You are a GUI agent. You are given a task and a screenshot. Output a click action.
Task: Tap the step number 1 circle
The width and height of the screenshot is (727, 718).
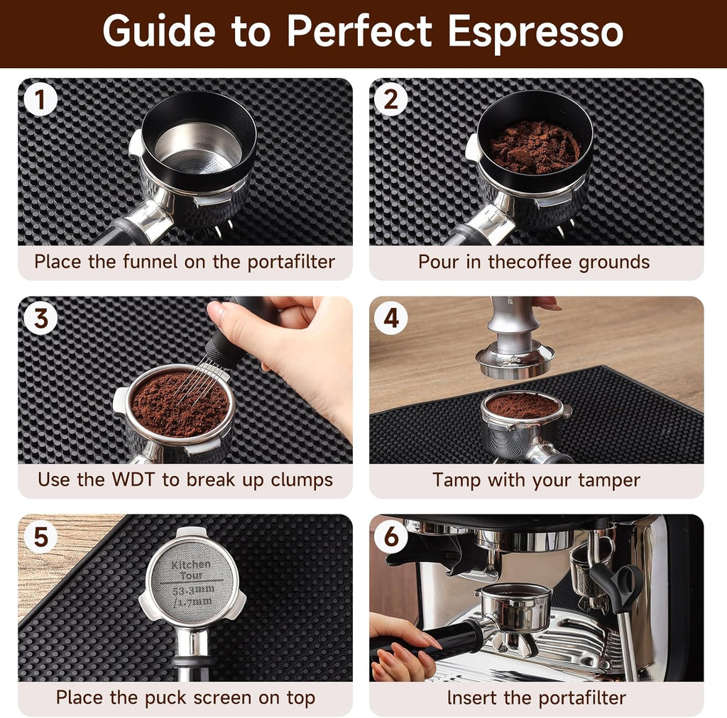[x=40, y=99]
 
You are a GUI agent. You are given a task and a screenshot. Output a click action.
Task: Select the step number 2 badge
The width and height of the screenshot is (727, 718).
[x=390, y=99]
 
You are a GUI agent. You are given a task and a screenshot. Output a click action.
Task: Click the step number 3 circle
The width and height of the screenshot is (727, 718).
[x=40, y=318]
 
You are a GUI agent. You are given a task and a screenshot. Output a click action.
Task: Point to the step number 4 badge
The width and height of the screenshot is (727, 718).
[x=390, y=318]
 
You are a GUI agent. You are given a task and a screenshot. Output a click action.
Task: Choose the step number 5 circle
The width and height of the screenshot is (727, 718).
[x=40, y=536]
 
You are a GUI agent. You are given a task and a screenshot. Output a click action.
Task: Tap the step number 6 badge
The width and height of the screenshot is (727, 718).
[x=390, y=536]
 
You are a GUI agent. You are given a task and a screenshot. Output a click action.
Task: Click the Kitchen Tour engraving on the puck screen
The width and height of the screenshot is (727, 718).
[x=192, y=570]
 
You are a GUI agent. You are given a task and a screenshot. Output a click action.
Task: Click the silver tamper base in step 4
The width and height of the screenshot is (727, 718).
[x=514, y=361]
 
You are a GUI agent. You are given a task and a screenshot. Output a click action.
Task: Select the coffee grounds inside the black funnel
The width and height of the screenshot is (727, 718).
[x=534, y=147]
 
